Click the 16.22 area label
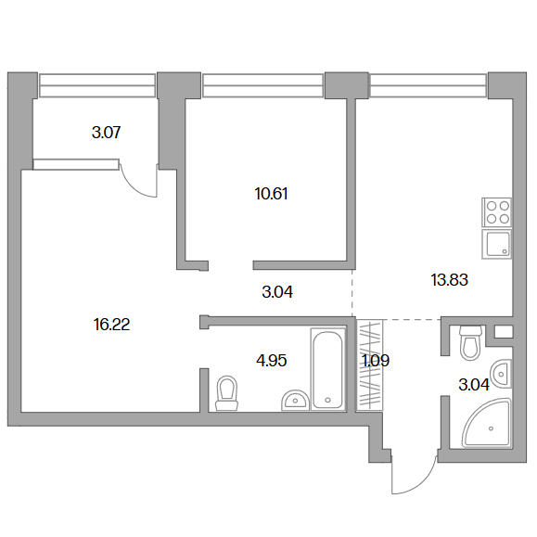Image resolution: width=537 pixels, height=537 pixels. coord(111,325)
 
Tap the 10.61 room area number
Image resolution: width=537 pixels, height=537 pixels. coord(271,194)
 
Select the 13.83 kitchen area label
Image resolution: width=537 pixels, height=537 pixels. coord(449,280)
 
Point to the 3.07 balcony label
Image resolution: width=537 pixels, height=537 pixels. coord(106,133)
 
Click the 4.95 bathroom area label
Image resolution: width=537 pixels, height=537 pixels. coord(271,361)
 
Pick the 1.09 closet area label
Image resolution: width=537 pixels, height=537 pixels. coord(376,361)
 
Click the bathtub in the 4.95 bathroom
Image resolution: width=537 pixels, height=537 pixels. coord(327,369)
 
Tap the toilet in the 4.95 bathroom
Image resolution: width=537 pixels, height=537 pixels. coord(226,393)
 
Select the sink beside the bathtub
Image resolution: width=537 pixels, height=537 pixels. coord(296,400)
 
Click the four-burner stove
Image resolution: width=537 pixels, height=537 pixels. coord(496,212)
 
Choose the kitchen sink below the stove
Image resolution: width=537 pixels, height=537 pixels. coord(496,244)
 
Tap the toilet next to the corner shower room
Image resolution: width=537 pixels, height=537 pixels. coord(470,343)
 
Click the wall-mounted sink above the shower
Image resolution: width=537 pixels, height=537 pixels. coord(501,374)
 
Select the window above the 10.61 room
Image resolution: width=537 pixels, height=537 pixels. coord(263,85)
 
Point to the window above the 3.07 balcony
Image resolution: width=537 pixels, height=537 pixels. coord(97,85)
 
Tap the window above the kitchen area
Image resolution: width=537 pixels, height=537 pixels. coord(428,85)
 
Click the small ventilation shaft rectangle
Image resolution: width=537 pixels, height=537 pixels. coord(504,331)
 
